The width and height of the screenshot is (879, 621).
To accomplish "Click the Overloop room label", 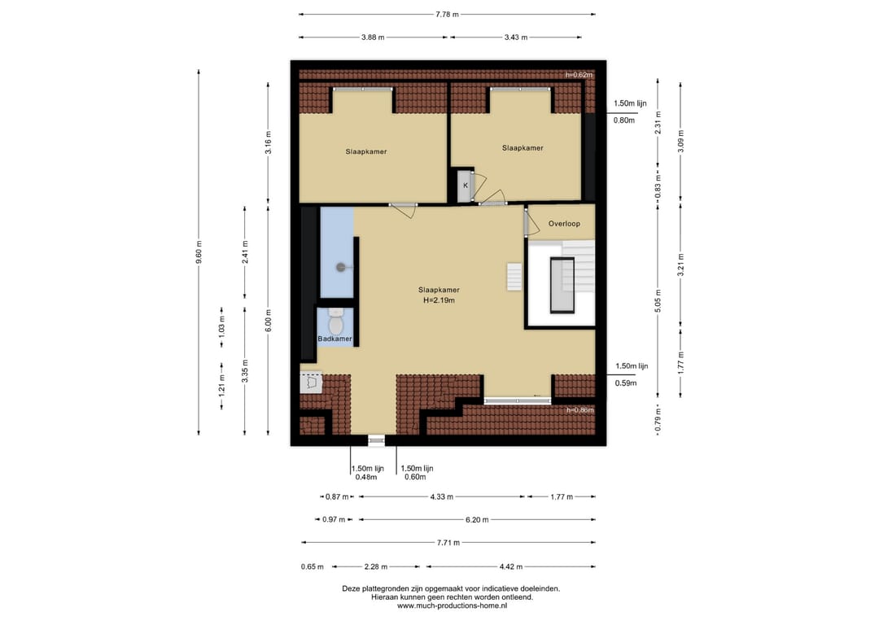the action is (x=564, y=224).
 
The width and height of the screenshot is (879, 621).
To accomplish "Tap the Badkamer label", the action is (x=335, y=339).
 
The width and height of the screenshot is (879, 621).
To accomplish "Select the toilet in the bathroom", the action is (x=336, y=321).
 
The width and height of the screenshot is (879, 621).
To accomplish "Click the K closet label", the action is (x=466, y=186).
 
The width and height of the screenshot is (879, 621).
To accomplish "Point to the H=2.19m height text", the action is (x=439, y=300).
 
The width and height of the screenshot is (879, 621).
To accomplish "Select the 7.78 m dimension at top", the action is (x=448, y=15).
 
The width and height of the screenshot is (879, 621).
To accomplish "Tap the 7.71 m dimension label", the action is (x=448, y=543).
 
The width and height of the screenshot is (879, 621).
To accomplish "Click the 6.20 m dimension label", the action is (x=477, y=519).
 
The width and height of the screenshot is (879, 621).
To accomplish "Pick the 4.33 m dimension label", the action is (x=442, y=496).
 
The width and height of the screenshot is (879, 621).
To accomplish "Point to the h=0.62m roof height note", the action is (x=579, y=75).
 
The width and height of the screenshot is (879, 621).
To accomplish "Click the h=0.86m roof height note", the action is (x=579, y=410).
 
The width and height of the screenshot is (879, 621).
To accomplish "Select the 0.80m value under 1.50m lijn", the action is (x=624, y=120).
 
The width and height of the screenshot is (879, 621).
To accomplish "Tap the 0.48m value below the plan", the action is (x=366, y=477).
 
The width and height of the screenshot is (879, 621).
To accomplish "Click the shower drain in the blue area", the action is (x=341, y=267).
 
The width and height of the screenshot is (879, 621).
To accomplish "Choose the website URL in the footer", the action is (x=453, y=606).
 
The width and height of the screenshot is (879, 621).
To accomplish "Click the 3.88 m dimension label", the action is (x=373, y=37).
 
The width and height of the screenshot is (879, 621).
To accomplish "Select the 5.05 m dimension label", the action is (x=658, y=300).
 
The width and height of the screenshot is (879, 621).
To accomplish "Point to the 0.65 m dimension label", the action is (x=313, y=566).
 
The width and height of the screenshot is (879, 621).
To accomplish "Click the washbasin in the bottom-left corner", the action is (x=311, y=383).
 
